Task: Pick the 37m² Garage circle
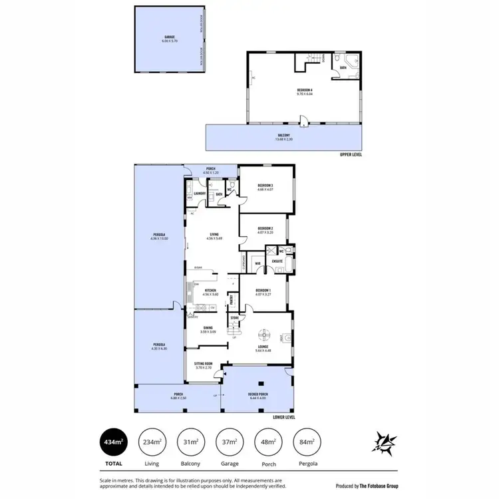229,441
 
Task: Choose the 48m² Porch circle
267,441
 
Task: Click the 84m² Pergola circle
306,441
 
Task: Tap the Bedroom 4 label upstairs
305,91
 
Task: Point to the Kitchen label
210,290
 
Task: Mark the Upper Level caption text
351,154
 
